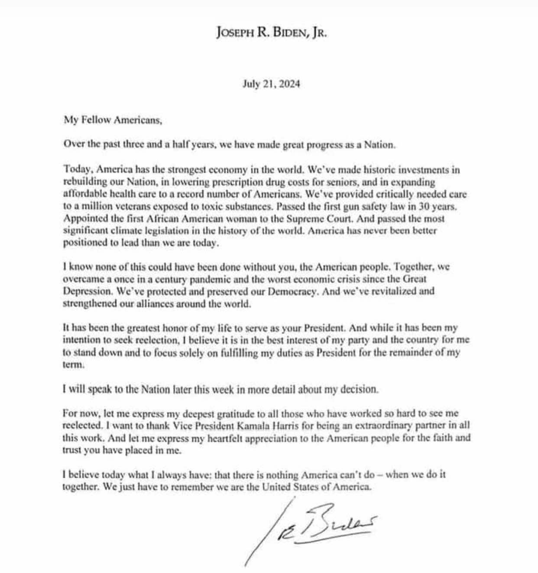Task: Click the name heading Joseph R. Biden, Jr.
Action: click(271, 33)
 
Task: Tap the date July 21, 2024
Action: click(271, 84)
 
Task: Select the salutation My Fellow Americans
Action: click(113, 120)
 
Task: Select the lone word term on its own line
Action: click(71, 365)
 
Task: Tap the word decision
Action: click(358, 389)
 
